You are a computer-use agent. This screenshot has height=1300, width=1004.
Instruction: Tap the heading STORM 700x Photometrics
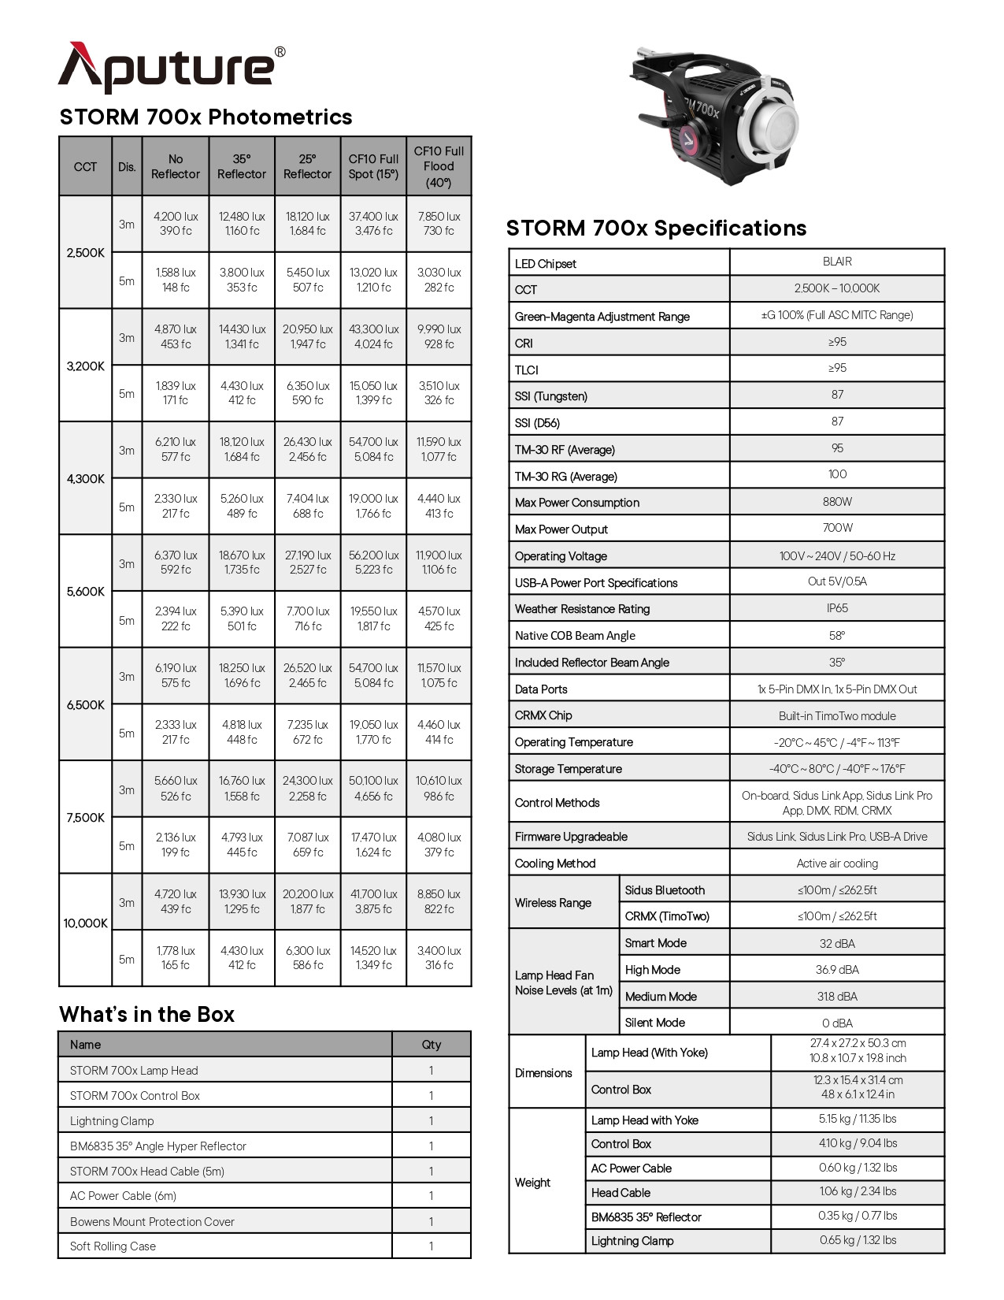pos(206,117)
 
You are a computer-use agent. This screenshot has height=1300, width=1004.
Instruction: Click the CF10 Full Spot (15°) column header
pos(373,166)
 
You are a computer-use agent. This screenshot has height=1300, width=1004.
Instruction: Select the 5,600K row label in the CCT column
pos(85,592)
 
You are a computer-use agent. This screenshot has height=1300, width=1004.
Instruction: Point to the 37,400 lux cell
pos(373,223)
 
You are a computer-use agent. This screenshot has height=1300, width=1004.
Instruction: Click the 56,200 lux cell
pos(373,563)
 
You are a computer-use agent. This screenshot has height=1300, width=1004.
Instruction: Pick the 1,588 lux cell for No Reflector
pos(176,280)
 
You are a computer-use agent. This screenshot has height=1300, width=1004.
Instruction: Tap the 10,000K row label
pos(85,923)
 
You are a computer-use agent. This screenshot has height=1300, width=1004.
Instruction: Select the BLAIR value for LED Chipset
pos(837,262)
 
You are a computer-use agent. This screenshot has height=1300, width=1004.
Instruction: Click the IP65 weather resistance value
pos(837,608)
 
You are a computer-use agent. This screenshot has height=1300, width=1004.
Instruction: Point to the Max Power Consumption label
pos(577,503)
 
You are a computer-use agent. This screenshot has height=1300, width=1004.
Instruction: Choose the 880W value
pos(837,502)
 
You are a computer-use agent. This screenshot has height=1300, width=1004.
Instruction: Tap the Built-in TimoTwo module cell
pos(837,715)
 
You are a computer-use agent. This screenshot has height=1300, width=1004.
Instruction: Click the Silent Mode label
pos(655,1023)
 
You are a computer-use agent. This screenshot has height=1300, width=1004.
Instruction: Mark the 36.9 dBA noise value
pos(837,970)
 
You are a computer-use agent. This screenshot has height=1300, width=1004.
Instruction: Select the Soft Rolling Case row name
pos(113,1246)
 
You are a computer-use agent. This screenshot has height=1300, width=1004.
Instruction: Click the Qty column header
pos(432,1045)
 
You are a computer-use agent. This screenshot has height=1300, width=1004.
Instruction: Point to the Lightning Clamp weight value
pos(858,1240)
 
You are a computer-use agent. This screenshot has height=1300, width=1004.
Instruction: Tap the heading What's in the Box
pos(146,1014)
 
